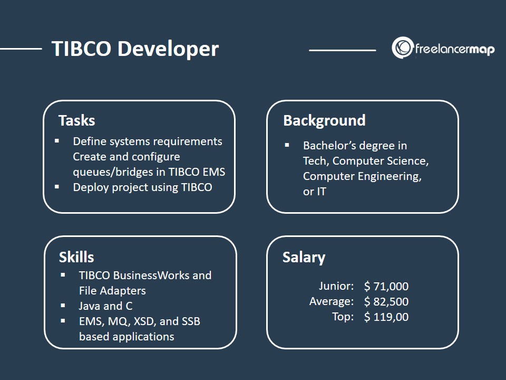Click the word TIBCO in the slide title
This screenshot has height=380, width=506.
pyautogui.click(x=81, y=49)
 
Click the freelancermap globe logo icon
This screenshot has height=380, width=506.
pyautogui.click(x=403, y=47)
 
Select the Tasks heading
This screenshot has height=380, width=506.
pyautogui.click(x=77, y=120)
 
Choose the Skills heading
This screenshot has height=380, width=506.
pyautogui.click(x=76, y=257)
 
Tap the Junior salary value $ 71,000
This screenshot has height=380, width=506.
pyautogui.click(x=386, y=286)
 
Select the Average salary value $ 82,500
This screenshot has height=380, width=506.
pyautogui.click(x=386, y=301)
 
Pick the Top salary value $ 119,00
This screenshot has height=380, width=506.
pyautogui.click(x=386, y=317)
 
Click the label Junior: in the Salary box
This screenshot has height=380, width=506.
pyautogui.click(x=336, y=286)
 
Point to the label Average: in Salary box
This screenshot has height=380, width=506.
pyautogui.click(x=332, y=301)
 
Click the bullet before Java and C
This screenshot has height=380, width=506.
pyautogui.click(x=63, y=306)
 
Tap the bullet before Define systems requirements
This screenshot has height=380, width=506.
pyautogui.click(x=57, y=140)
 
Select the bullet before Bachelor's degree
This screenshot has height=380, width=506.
pyautogui.click(x=287, y=145)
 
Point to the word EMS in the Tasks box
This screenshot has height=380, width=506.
pyautogui.click(x=214, y=172)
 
